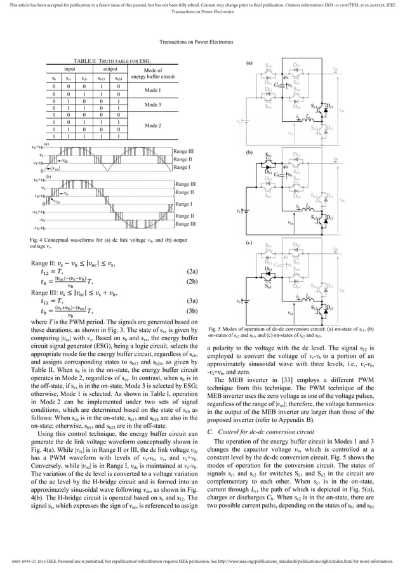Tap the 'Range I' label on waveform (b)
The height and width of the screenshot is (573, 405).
(184, 204)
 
